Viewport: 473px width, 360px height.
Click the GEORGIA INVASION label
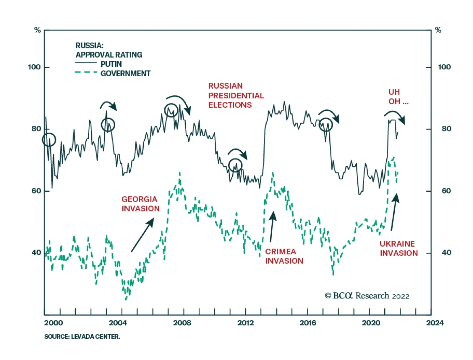tap(140, 204)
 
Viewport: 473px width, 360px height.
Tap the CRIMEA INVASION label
tap(284, 256)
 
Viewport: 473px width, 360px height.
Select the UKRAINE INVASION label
tap(399, 248)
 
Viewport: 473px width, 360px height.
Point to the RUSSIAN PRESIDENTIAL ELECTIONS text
tap(236, 95)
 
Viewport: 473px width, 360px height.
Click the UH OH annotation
tap(398, 97)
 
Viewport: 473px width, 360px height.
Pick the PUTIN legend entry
tap(111, 64)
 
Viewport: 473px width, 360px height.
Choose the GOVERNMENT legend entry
tap(125, 73)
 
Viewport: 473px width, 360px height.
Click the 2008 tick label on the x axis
tap(182, 323)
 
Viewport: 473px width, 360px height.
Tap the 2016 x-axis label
tap(308, 323)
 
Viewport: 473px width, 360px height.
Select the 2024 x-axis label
tap(435, 323)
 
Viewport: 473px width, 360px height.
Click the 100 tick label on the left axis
tap(34, 67)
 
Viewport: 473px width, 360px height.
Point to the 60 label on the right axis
tap(446, 191)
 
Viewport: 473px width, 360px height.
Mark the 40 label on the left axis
tap(36, 253)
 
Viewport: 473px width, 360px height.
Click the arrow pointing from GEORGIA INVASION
tap(142, 235)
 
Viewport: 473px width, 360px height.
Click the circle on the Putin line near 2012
tap(235, 165)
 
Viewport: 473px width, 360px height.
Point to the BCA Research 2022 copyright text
tap(367, 296)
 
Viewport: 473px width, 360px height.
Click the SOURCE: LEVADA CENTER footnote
tap(82, 336)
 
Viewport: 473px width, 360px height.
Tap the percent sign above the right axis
tap(438, 30)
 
